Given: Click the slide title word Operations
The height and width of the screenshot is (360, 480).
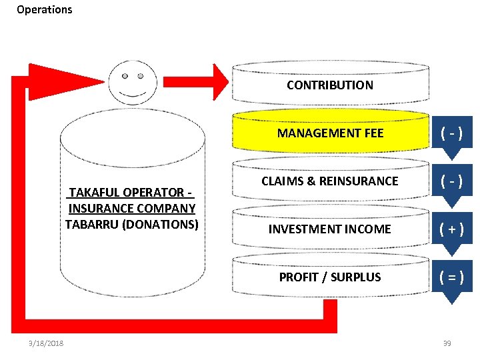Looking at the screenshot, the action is pos(44,9).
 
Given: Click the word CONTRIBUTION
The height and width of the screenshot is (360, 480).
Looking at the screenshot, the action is pos(330,85).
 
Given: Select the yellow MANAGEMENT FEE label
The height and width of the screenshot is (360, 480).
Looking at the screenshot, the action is pos(330,133).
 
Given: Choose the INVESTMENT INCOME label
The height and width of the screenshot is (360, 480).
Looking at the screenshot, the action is pos(330,229).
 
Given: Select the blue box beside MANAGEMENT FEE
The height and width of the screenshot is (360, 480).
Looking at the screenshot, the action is pos(452,133).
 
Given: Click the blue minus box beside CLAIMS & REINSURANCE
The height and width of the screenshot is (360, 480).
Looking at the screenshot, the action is pos(452,181).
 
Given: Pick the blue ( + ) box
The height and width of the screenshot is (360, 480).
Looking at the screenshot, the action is pos(452,229).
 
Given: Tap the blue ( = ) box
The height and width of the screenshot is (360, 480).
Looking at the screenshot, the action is pos(452,277).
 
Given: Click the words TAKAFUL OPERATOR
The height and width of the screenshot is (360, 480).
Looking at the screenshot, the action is pos(131,193).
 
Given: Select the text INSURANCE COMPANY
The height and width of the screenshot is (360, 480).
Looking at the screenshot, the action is pos(131,208).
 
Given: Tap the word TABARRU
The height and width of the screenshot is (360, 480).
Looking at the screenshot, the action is pos(91,224).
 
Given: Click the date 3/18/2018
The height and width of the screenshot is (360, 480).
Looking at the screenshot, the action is pos(46,343).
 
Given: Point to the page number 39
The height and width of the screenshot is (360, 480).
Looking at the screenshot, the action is pos(447,343).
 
